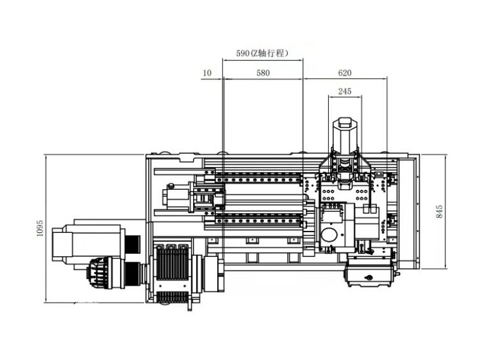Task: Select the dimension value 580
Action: coord(262,74)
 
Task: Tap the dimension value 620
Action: coord(345,74)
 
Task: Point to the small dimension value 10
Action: coord(207,74)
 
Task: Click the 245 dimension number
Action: coord(345,92)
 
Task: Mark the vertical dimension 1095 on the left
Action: coord(40,229)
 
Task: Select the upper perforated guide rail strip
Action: coord(258,178)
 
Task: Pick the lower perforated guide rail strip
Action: coord(258,217)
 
